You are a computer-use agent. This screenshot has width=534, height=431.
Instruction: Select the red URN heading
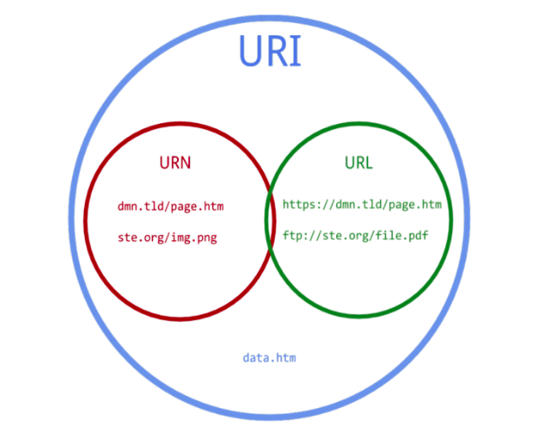[176, 162]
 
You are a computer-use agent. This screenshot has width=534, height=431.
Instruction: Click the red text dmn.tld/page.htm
[171, 207]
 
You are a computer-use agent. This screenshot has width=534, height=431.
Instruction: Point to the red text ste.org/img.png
[167, 237]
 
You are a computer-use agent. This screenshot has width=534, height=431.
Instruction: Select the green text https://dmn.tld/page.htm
[362, 205]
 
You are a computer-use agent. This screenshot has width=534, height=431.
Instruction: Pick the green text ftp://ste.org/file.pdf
[355, 235]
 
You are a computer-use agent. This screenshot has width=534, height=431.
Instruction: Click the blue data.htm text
[270, 357]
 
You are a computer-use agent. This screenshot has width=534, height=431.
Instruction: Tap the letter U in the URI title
[250, 52]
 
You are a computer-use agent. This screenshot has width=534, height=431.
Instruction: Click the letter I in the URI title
[294, 52]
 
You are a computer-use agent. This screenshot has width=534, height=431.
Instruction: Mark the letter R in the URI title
[276, 52]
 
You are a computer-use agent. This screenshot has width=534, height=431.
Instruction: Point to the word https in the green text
[300, 205]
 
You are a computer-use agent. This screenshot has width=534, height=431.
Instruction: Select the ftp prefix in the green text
[293, 235]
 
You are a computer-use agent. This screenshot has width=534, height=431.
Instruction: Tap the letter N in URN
[187, 162]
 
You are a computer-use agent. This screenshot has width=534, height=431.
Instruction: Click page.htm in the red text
[199, 207]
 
